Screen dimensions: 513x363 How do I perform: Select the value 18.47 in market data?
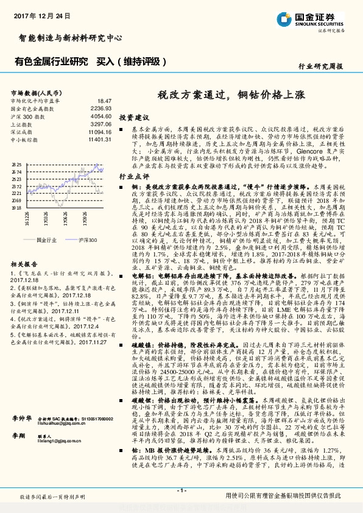[x=104, y=100]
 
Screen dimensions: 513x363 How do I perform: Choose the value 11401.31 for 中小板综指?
[x=99, y=139]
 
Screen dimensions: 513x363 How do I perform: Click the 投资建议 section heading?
[x=133, y=116]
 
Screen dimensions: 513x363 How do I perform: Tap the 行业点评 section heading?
[x=133, y=174]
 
